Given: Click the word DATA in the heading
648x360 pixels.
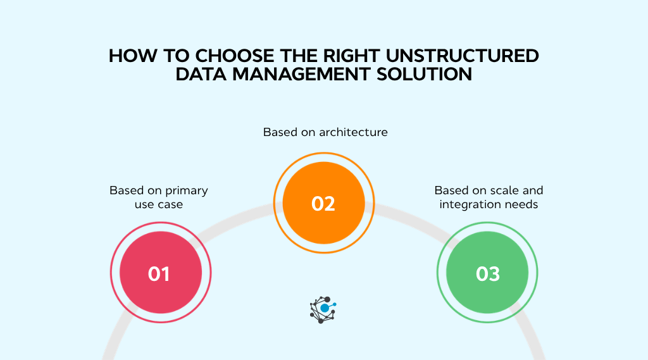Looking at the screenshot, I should pos(201,75).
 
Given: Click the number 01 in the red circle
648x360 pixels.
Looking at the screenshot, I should pos(159,274).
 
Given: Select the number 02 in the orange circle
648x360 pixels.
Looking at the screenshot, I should pos(323,204).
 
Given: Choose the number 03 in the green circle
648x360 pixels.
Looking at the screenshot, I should pos(488,274).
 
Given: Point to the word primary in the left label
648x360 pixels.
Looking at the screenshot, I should pos(187,190).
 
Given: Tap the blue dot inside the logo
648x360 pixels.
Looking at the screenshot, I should pos(325,308).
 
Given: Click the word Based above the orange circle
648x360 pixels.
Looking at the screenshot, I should pos(278,132).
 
